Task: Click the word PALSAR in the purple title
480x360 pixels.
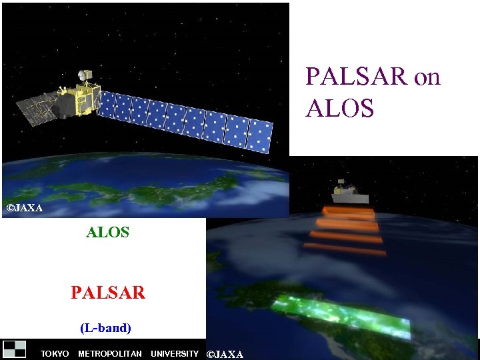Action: point(356,77)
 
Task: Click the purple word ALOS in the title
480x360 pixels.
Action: point(340,108)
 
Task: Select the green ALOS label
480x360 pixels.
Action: point(107,233)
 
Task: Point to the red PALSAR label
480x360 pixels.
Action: point(107,293)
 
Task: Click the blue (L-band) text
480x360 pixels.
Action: point(105,328)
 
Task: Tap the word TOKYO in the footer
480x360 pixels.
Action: point(55,354)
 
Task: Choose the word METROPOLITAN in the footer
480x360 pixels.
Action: point(110,354)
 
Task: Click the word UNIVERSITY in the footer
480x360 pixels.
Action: point(175,354)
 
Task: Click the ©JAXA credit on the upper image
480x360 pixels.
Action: point(24,208)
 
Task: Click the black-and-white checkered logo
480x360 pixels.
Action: point(15,349)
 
